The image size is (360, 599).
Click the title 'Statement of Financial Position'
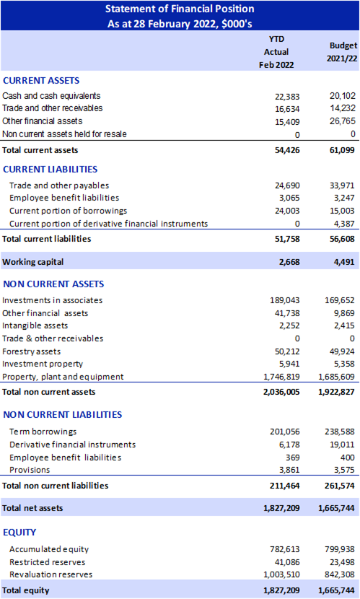point(180,9)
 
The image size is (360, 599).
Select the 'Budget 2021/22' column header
point(343,52)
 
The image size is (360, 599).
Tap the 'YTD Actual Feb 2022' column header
point(276,52)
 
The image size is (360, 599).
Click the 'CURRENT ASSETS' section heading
point(41,81)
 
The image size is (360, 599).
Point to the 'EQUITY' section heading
point(19,532)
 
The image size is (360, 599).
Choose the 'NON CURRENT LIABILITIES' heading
point(63,414)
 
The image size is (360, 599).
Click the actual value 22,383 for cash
point(287,97)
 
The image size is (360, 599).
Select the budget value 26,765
point(343,121)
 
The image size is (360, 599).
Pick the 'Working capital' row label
point(33,262)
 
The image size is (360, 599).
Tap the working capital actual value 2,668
point(290,262)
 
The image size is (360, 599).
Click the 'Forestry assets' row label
point(31,351)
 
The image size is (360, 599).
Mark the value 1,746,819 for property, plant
point(282,377)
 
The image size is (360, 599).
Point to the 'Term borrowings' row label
point(43,432)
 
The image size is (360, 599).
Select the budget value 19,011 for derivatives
point(343,445)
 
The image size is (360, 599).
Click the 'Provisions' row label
point(30,470)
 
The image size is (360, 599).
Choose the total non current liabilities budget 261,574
point(339,486)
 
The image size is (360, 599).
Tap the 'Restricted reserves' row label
point(48,562)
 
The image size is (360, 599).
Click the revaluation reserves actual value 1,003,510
point(282,574)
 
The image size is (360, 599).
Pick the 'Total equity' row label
point(25,590)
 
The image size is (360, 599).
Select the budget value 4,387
point(344,224)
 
